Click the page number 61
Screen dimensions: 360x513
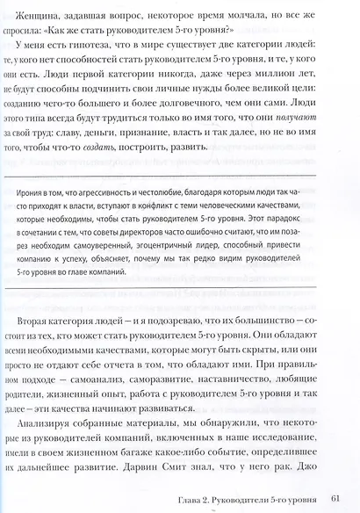pyautogui.click(x=335, y=500)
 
